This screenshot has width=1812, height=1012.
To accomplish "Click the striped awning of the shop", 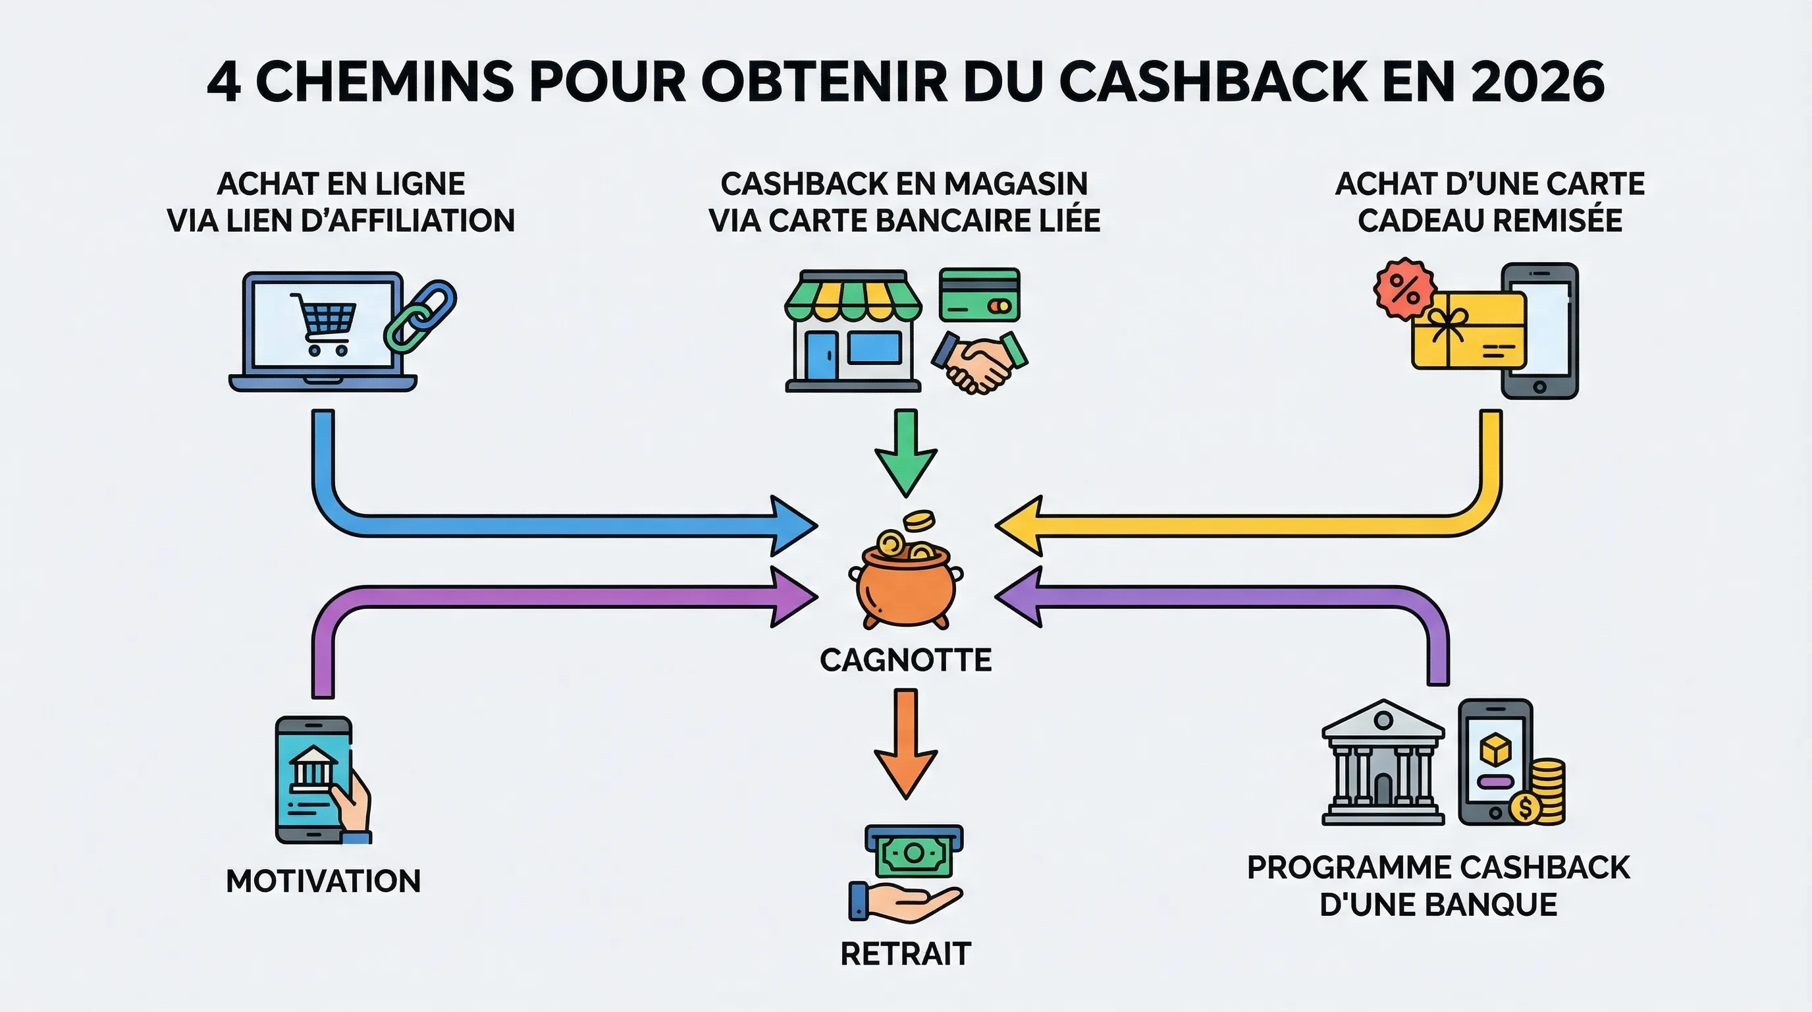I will [x=853, y=299].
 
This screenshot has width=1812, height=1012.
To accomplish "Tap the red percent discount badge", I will [x=1404, y=289].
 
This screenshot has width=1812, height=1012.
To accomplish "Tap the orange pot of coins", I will [x=905, y=584].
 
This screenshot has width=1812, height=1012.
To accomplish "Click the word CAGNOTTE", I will [x=905, y=660].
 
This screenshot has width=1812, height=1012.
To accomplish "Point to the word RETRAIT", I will [x=905, y=954].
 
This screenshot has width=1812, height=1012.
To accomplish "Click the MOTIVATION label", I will [x=323, y=881].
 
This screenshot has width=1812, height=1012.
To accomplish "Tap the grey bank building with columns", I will [x=1383, y=764].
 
